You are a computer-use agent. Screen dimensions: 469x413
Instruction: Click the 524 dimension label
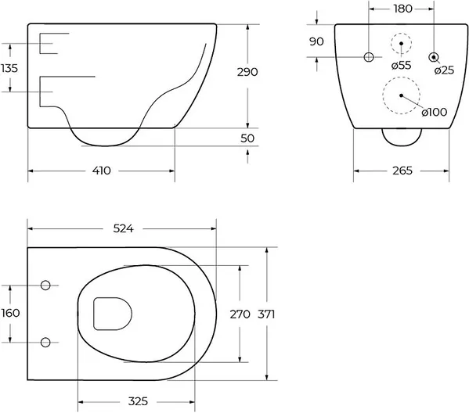(123, 228)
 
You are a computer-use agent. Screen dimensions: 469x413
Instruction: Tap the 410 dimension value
(102, 171)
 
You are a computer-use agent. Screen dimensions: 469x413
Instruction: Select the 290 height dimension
(247, 72)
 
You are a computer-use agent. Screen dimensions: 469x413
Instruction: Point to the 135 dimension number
(9, 68)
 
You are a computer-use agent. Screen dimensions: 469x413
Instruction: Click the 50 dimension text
(247, 138)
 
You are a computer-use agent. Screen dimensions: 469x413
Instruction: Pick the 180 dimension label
(403, 9)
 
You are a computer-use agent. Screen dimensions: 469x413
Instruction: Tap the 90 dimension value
(316, 41)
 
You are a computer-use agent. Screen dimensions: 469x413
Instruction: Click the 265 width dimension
(402, 171)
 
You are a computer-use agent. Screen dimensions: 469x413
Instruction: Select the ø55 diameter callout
(402, 65)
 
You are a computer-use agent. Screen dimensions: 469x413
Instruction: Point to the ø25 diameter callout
(444, 70)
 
